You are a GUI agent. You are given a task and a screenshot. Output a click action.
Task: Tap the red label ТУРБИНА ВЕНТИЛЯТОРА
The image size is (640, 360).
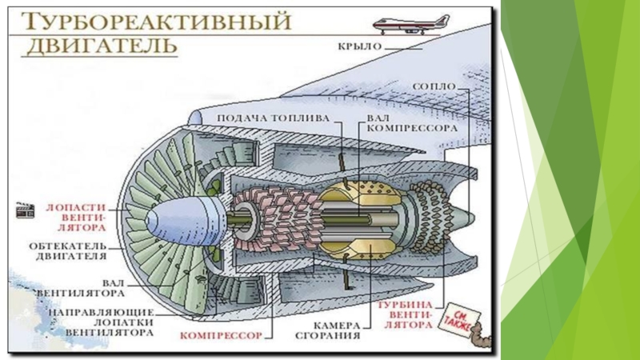pyautogui.click(x=404, y=315)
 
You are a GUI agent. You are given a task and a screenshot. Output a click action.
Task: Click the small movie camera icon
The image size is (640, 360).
pyautogui.click(x=26, y=210)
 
